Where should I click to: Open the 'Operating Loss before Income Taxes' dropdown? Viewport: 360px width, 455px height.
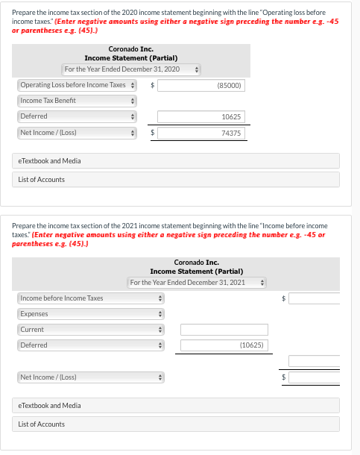tap(77, 85)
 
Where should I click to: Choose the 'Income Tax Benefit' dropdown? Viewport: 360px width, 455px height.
tap(77, 101)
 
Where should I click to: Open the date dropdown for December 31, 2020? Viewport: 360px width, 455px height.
tap(131, 69)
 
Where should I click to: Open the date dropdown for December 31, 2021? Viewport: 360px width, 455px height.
tap(197, 283)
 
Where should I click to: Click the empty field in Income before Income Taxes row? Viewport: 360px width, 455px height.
tap(323, 298)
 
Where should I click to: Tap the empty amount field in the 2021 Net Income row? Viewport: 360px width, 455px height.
tap(323, 377)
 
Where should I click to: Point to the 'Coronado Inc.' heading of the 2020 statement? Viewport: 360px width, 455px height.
tap(130, 49)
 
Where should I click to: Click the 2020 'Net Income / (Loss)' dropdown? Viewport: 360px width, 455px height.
tap(77, 133)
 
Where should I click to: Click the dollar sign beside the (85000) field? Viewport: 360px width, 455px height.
tap(152, 85)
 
